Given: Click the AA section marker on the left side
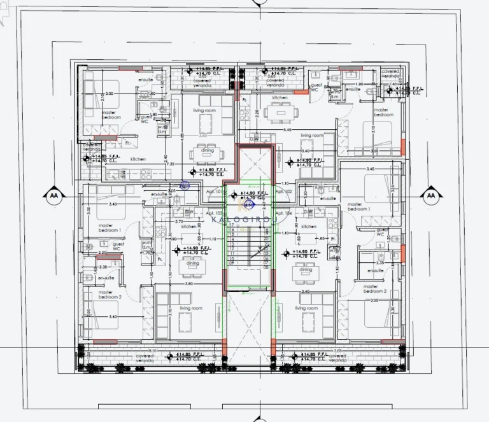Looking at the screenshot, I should (52, 195).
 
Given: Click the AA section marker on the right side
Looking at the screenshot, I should (431, 195).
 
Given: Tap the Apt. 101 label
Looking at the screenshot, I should (214, 190).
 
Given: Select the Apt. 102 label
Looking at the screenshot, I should (283, 191).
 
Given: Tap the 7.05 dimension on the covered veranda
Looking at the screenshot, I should (337, 351).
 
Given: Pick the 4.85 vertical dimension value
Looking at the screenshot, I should (183, 136).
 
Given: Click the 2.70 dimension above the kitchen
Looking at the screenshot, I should (179, 221).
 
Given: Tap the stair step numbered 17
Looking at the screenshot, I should (232, 225).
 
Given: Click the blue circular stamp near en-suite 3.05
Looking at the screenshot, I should (185, 186).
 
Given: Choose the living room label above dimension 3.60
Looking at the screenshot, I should (204, 111).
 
